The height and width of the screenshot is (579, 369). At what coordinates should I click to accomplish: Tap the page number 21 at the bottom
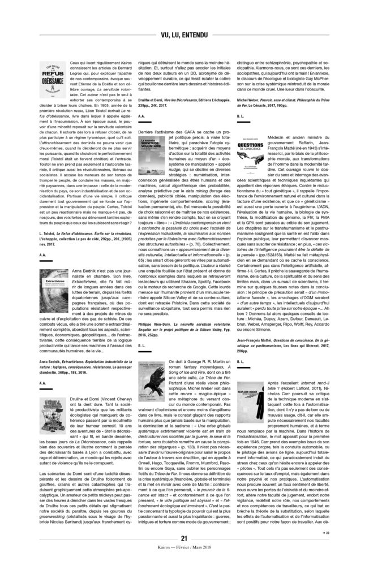click(x=184, y=554)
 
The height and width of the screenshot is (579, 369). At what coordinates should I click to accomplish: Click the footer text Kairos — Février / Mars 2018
click(x=184, y=564)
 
